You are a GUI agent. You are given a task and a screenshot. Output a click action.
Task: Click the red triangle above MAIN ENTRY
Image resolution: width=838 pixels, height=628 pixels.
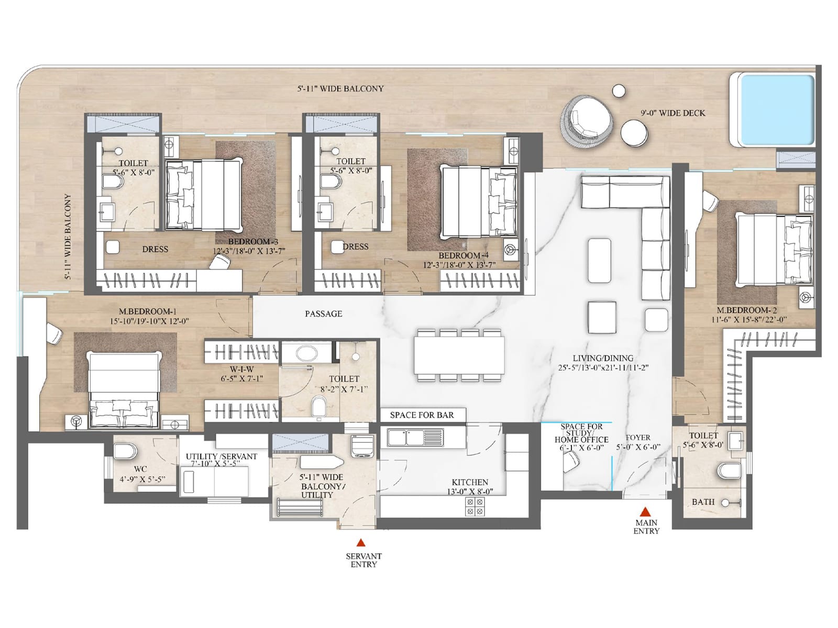coord(646,512)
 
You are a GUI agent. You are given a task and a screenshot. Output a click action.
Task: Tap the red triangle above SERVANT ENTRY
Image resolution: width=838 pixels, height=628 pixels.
coord(360,543)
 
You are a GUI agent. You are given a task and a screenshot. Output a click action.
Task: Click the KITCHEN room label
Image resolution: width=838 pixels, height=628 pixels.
coord(470,482)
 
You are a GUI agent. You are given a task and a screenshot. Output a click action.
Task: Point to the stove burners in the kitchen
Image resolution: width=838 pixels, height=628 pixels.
coord(475,507)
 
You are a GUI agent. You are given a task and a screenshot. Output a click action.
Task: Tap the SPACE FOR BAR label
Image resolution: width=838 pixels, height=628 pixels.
coord(422,415)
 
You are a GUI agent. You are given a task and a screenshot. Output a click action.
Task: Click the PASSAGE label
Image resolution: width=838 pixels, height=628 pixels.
coord(324,313)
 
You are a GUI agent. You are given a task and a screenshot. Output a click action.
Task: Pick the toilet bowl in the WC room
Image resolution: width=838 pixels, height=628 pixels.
coord(125,451)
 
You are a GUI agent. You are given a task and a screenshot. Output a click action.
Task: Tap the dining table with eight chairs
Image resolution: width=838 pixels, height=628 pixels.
coord(459,355)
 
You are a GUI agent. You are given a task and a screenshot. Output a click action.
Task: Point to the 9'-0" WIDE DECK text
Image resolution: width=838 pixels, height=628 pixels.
coord(673,113)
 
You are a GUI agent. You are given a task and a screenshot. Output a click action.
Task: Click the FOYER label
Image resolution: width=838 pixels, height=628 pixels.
coord(637,438)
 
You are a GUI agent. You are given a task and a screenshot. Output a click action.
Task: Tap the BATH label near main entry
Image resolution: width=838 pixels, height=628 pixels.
coord(703,502)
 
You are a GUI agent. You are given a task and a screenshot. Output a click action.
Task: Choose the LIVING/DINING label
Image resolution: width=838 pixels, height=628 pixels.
coord(603,358)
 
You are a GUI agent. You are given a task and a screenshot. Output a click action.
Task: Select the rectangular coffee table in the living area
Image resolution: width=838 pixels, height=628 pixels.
coord(599,258)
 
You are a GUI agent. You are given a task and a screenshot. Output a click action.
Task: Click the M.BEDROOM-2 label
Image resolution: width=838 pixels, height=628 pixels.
coord(744,310)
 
